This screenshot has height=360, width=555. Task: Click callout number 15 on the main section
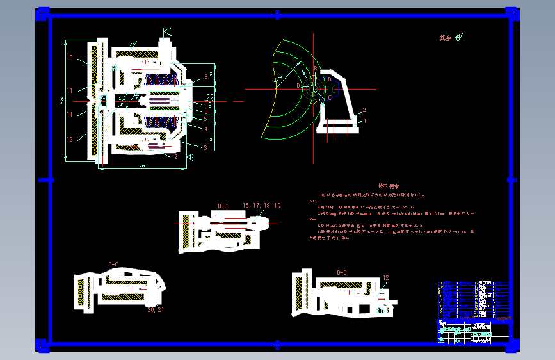[x=70, y=56]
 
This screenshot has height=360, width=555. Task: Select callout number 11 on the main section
[x=70, y=90]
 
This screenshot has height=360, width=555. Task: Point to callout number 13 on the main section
[x=70, y=138]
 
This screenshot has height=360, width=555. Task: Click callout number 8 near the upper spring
[x=206, y=77]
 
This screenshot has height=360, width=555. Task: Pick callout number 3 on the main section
[x=205, y=147]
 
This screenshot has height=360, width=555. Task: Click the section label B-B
[x=223, y=206]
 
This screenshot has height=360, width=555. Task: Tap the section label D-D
[x=342, y=273]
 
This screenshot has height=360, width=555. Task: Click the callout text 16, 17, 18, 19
[x=261, y=206]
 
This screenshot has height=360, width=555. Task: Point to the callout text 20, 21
[x=156, y=309]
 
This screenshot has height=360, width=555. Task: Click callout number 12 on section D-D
[x=385, y=277]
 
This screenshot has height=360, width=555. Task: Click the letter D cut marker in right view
[x=298, y=85]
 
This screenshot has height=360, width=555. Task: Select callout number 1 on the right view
[x=364, y=120]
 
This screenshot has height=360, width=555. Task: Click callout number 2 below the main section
[x=175, y=156]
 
